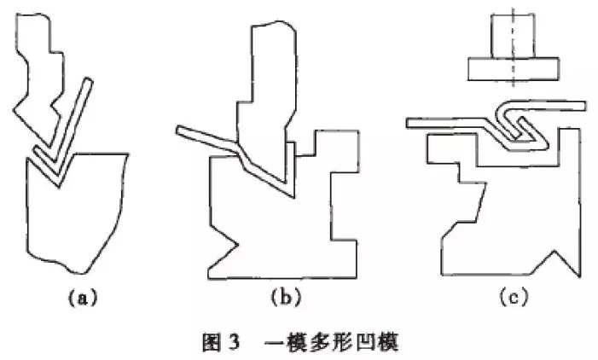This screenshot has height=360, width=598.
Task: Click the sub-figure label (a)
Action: tap(83, 298)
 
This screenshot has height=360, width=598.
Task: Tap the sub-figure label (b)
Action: tap(286, 298)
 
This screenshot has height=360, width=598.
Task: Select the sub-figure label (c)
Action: tap(514, 298)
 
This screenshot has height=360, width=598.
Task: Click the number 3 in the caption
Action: tap(234, 342)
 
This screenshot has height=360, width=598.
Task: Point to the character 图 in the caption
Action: tap(211, 342)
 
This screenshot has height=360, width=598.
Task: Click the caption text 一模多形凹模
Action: tap(332, 342)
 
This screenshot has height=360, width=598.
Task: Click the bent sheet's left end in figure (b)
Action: tap(178, 131)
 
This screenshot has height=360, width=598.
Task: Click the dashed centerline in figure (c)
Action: tap(514, 49)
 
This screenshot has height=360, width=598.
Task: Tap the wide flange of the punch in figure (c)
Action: tap(514, 69)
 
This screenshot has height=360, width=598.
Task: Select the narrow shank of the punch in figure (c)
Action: tap(514, 36)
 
